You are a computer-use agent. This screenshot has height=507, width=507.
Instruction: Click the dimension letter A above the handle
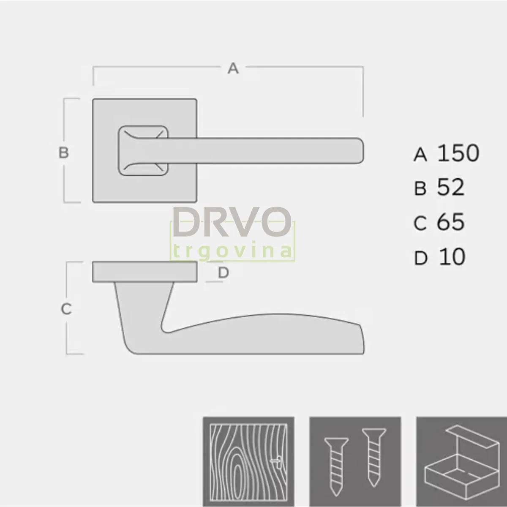(233, 68)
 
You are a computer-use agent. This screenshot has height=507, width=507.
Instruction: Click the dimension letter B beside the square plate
(63, 152)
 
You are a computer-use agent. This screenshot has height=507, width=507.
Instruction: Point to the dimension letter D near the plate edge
(224, 273)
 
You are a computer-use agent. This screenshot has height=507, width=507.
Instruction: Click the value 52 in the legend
(451, 187)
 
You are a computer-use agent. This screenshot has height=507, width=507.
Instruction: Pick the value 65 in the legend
(451, 221)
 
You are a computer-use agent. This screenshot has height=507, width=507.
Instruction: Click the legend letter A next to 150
(420, 155)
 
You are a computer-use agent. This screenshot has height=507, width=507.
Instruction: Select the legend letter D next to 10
(420, 258)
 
